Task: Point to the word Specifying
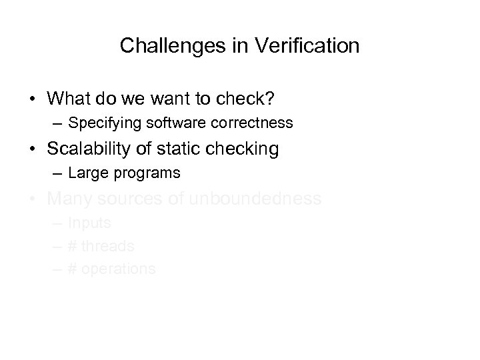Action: tap(100, 123)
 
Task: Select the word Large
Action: tap(84, 173)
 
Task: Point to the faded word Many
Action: tap(70, 199)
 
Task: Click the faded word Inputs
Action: tap(89, 223)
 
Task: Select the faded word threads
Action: tap(108, 246)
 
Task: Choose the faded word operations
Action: tap(119, 269)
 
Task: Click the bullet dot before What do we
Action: tap(33, 99)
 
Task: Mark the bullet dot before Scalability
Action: tap(33, 149)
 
